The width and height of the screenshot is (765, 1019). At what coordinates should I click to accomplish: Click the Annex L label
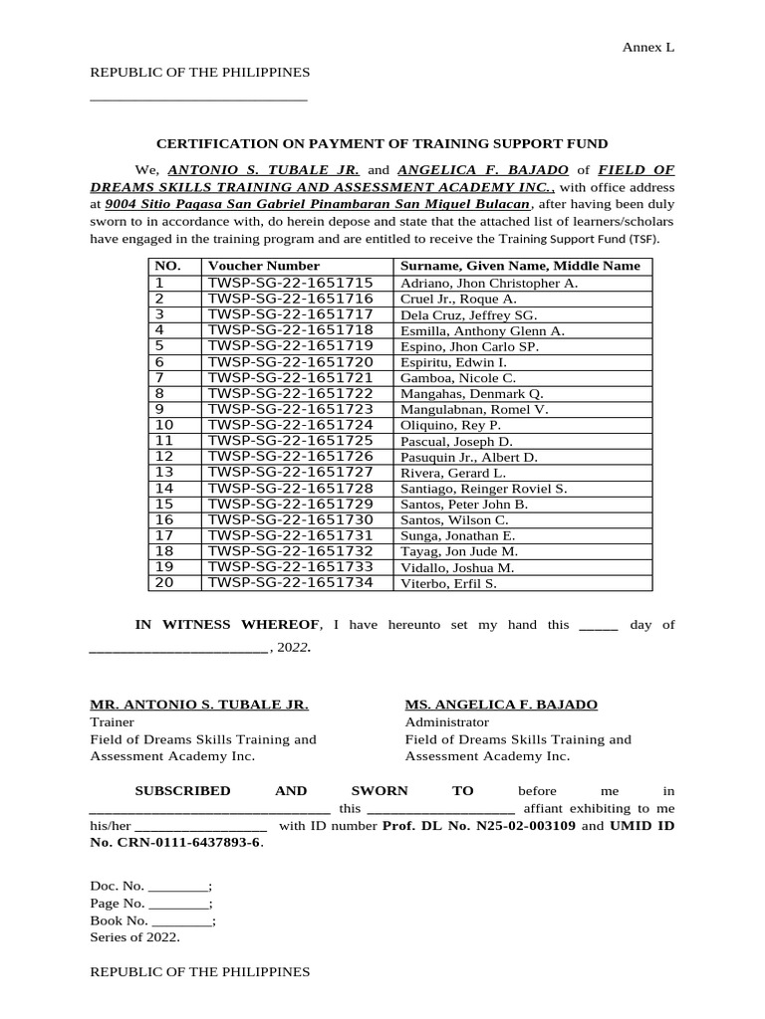tap(648, 47)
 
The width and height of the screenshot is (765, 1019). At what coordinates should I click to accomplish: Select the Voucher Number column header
tap(264, 266)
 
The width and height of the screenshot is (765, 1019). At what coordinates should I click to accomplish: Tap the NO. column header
tap(167, 266)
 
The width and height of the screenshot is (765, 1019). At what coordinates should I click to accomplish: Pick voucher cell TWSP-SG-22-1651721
tap(290, 378)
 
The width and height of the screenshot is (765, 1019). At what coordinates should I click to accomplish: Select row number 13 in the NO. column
tap(164, 473)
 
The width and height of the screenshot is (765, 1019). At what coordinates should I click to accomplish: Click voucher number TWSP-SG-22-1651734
tap(290, 583)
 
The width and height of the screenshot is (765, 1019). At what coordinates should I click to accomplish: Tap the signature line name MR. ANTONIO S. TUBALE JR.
tap(199, 705)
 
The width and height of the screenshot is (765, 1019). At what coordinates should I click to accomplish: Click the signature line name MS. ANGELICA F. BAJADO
tap(501, 705)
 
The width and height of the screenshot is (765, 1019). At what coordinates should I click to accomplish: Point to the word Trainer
tap(112, 721)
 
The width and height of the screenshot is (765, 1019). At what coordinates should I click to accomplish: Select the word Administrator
tap(446, 721)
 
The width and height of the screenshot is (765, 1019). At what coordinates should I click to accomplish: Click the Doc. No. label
tap(118, 886)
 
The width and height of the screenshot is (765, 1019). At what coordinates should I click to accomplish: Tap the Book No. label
tap(120, 920)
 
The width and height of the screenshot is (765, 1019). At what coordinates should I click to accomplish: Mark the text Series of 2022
tap(134, 937)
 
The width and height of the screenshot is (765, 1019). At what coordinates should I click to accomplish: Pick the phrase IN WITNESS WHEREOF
tap(227, 625)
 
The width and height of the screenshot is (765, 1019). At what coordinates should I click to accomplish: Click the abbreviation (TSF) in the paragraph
tap(642, 239)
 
